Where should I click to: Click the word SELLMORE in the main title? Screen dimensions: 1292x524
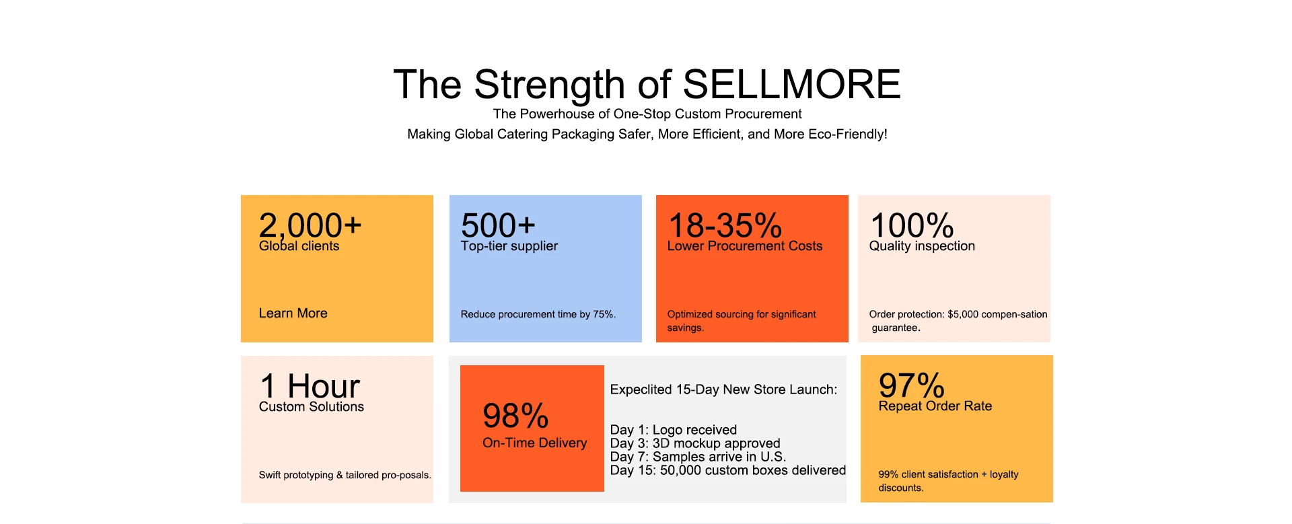791,85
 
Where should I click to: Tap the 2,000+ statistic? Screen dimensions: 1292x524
310,226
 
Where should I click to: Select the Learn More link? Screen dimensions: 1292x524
293,313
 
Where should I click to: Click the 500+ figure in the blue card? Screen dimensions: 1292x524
498,225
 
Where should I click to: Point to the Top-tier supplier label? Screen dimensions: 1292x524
509,246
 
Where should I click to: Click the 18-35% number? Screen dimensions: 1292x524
725,225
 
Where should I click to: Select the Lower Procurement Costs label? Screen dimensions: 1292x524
745,246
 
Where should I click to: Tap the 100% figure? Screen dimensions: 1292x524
912,225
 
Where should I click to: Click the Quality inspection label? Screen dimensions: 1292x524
922,246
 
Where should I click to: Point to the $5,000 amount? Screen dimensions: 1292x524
963,314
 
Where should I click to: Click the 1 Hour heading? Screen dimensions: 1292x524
310,386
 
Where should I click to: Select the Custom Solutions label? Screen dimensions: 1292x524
312,407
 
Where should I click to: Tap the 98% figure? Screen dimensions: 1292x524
516,416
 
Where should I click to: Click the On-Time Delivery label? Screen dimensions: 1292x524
535,443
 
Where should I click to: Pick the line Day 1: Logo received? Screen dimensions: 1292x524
674,430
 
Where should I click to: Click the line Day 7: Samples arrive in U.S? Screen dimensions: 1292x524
698,457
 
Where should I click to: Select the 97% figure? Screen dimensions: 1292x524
912,386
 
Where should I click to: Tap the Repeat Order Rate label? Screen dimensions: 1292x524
935,406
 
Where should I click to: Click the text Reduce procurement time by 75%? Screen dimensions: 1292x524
538,314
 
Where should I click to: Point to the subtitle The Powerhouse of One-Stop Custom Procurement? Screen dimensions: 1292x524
647,114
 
